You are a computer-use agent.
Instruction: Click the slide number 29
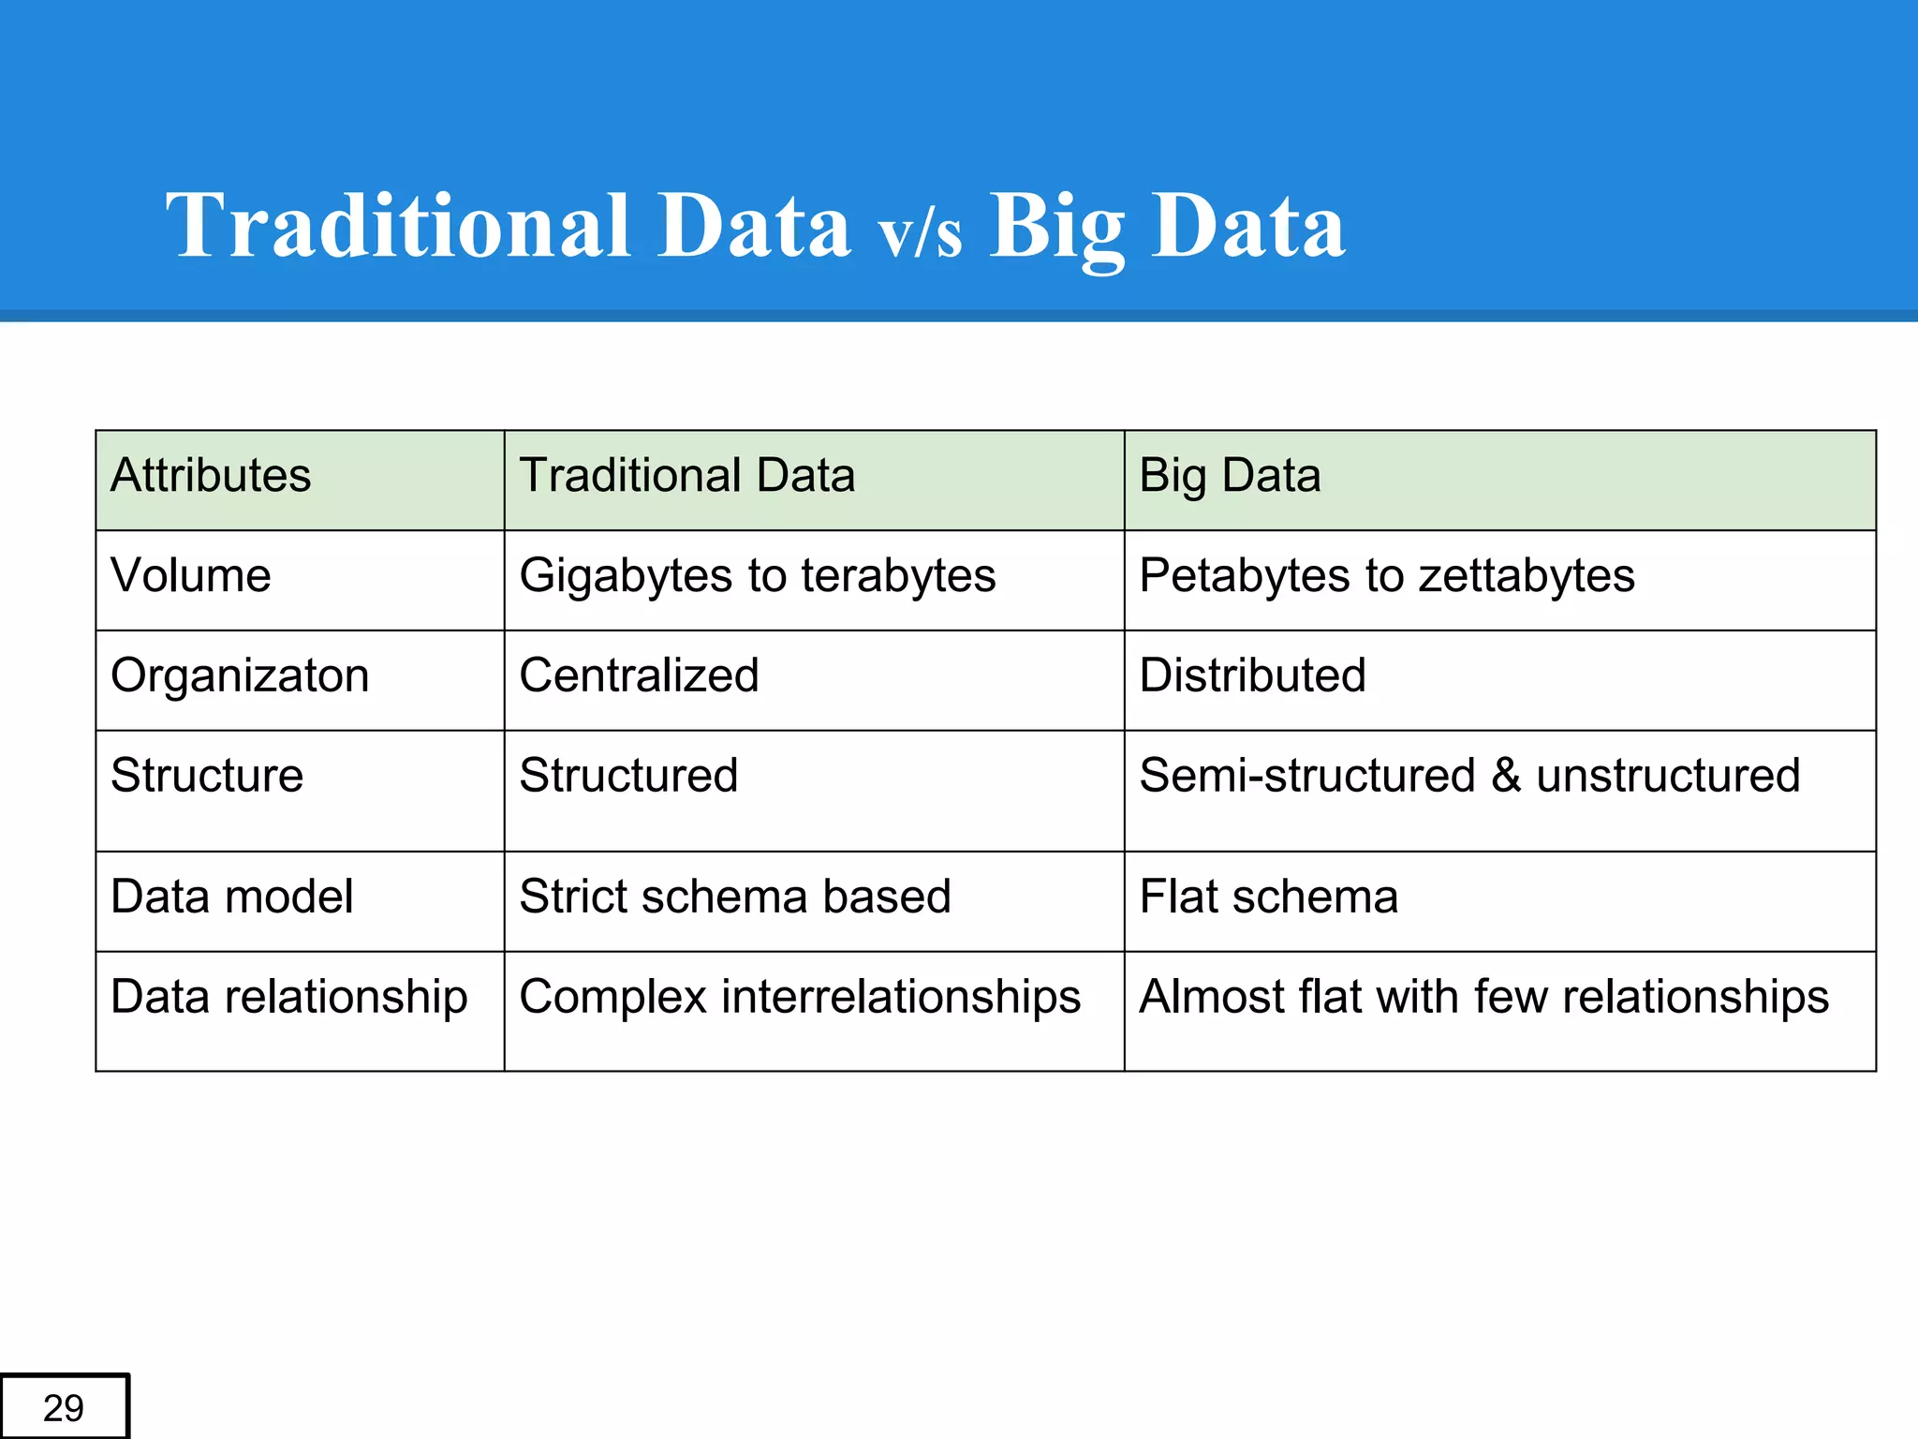(64, 1407)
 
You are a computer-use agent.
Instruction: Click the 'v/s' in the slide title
(920, 233)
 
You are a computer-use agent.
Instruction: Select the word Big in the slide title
(1056, 227)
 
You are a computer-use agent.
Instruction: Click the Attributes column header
(211, 475)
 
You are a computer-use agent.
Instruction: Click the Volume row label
(191, 575)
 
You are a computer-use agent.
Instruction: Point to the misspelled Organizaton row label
(240, 675)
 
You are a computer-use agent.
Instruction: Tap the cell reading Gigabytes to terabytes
(757, 575)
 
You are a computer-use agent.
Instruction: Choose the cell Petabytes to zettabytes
(1386, 575)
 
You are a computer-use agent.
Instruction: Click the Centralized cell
(639, 675)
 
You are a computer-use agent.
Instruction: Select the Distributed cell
(1252, 675)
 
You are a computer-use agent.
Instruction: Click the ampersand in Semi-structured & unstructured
(1505, 776)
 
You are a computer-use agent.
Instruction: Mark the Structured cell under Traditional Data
(628, 776)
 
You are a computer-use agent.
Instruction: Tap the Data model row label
(231, 897)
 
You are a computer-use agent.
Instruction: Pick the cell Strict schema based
(734, 897)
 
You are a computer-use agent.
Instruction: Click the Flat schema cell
(1268, 897)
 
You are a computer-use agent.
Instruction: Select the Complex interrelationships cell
(799, 997)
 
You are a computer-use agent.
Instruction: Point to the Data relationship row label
(288, 997)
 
